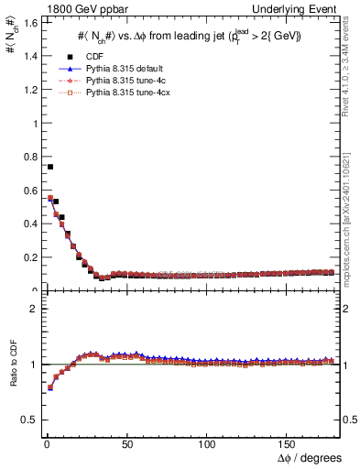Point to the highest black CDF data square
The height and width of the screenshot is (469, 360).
[x=50, y=167]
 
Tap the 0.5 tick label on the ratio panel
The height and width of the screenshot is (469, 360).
[x=26, y=420]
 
